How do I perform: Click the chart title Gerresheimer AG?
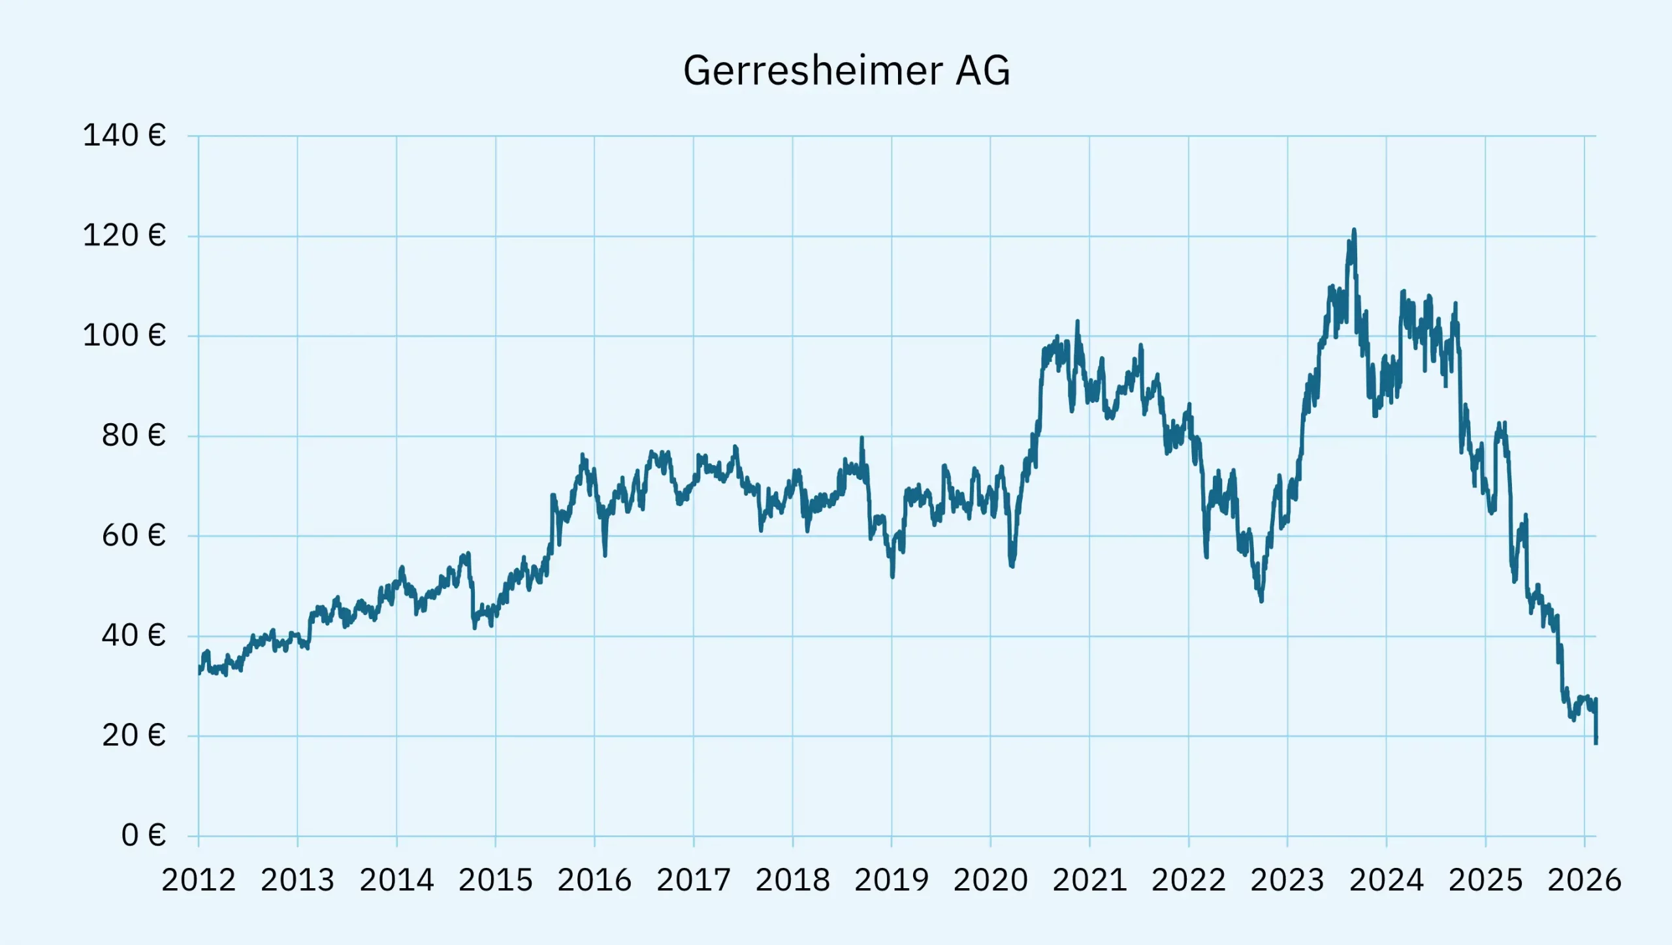click(846, 71)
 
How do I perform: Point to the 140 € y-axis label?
click(124, 136)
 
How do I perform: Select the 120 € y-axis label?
click(124, 236)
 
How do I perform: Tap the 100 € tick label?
click(124, 336)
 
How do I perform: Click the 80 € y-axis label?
click(133, 436)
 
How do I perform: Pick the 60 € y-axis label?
click(133, 536)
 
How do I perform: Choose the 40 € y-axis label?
click(133, 635)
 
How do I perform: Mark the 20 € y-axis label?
click(133, 736)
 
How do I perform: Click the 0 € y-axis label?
click(143, 835)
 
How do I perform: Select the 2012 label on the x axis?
click(199, 880)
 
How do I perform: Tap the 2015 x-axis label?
click(496, 880)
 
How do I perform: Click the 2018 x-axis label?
click(793, 880)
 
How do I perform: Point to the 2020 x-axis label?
click(991, 880)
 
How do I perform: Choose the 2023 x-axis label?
click(1287, 880)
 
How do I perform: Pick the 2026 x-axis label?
click(1584, 880)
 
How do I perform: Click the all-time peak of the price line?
click(1354, 230)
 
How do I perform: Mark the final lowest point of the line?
click(1596, 743)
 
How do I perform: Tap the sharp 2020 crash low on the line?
click(1012, 566)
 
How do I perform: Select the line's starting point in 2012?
click(199, 671)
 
